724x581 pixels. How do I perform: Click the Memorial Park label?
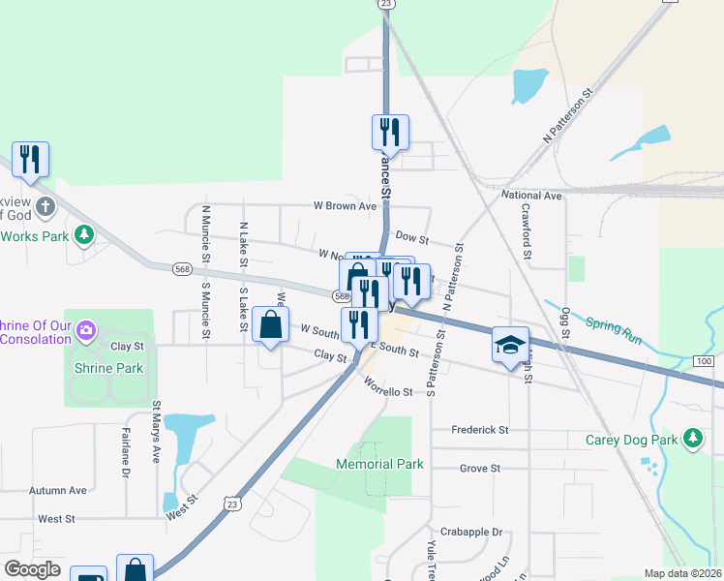[x=379, y=464]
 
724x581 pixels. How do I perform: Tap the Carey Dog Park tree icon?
[x=693, y=440]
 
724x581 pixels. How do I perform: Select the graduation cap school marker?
[x=510, y=345]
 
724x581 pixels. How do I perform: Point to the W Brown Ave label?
[x=344, y=206]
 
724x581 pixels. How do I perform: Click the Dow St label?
[x=412, y=238]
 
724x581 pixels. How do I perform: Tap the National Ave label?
[x=531, y=196]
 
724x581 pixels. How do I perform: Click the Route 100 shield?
[x=704, y=361]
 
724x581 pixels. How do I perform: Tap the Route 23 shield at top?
[x=386, y=5]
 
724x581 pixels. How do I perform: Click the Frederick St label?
[x=480, y=429]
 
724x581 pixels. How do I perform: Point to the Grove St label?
[x=480, y=468]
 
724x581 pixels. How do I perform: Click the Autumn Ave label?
[x=58, y=491]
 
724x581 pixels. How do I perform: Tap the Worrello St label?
[x=388, y=391]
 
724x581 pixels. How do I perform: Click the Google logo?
[x=32, y=569]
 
